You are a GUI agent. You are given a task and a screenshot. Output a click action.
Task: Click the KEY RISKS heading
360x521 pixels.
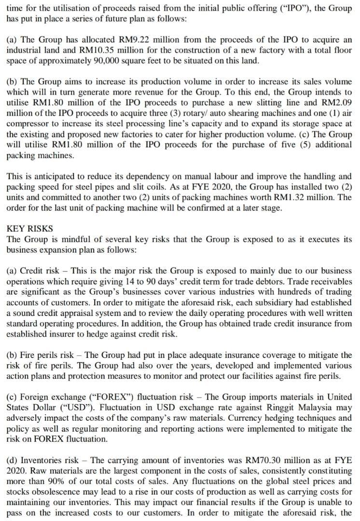click(x=30, y=228)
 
